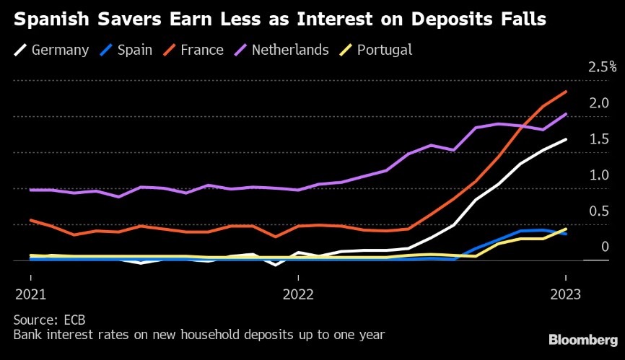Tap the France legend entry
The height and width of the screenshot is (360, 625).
[196, 50]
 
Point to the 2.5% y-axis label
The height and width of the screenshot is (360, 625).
[603, 67]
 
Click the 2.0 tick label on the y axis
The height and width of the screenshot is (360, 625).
[599, 103]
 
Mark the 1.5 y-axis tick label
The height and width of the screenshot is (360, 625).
[599, 139]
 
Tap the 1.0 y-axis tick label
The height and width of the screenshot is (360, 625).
[599, 175]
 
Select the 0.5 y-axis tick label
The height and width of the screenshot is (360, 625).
[599, 211]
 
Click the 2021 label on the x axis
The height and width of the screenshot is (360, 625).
[30, 294]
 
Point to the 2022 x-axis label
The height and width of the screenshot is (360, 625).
[297, 294]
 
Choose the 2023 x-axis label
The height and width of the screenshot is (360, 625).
[565, 294]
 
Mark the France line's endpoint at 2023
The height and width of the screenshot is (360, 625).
[565, 92]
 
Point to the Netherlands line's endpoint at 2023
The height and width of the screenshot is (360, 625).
[565, 114]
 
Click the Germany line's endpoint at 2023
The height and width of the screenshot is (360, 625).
[565, 140]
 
